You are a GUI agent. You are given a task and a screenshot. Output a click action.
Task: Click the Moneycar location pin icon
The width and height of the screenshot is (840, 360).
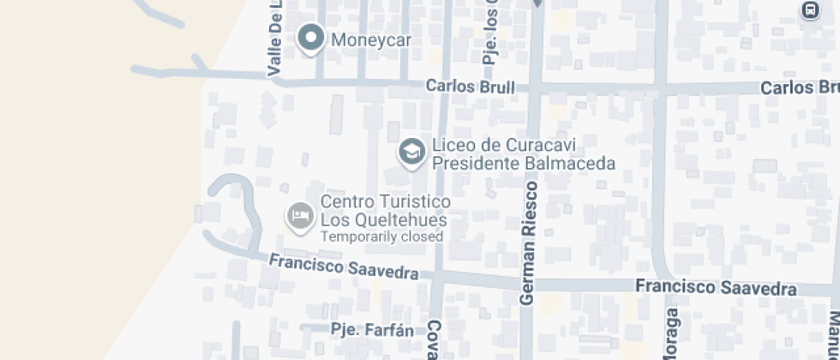coord(309,39)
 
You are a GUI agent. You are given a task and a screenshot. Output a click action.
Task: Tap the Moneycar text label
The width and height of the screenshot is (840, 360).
coord(371,39)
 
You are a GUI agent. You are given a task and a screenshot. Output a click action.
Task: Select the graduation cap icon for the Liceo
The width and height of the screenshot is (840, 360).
coord(412,152)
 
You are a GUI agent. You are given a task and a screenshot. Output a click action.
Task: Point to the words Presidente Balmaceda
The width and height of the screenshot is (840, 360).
coord(524,162)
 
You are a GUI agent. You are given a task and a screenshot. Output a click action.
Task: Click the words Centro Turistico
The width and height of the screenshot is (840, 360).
coord(386,201)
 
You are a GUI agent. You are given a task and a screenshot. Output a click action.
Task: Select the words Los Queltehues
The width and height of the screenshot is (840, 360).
coord(383,219)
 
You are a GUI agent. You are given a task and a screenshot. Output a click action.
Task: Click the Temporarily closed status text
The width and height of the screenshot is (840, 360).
coord(381,237)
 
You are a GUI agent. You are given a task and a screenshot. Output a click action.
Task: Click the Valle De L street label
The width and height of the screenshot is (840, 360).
coord(275,39)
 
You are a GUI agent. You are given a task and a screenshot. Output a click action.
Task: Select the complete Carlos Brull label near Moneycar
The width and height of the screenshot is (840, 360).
coord(471,87)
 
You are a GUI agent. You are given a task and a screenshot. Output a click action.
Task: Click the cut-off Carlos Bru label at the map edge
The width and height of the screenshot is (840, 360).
coord(799,88)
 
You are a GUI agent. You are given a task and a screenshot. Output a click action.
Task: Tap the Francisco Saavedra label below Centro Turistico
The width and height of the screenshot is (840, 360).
coord(343,267)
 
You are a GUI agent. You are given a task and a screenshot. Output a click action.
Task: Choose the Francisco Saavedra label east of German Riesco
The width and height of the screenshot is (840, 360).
coord(716,287)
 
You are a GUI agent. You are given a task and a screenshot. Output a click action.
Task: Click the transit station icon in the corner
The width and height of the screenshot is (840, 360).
coord(808,9)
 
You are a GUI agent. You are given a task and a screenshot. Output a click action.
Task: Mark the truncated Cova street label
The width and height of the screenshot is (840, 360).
coord(435,340)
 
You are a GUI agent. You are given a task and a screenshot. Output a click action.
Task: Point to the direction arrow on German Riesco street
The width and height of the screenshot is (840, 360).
coord(537,3)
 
